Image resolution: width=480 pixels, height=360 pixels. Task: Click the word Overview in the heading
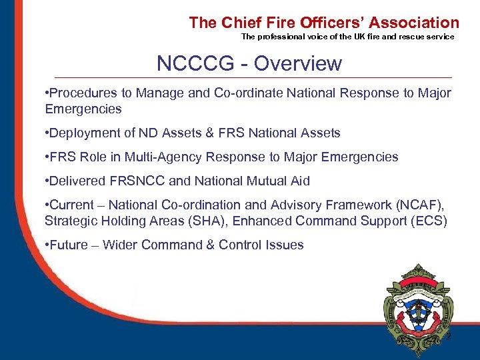pos(298,63)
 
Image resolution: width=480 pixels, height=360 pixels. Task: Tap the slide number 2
pos(448,337)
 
